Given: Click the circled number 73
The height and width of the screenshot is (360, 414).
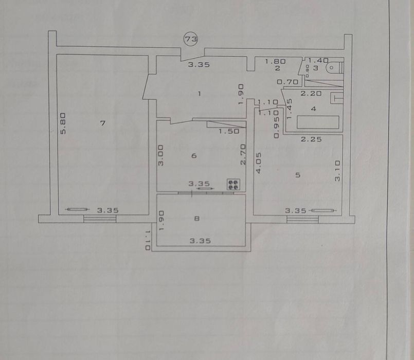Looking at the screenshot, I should [192, 38].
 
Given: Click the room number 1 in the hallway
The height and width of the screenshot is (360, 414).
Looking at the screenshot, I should [200, 93].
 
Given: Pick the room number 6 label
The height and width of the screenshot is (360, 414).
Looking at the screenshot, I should [194, 156].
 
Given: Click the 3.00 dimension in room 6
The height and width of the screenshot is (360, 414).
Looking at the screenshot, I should [160, 155].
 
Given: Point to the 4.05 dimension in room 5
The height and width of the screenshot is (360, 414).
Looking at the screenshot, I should [258, 163].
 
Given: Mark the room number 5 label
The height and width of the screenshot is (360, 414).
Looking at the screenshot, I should [297, 175].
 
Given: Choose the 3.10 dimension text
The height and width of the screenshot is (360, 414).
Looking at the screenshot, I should [338, 170].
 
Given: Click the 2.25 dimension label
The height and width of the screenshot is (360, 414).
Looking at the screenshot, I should [312, 139].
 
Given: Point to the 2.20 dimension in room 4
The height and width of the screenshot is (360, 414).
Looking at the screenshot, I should [311, 94].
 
